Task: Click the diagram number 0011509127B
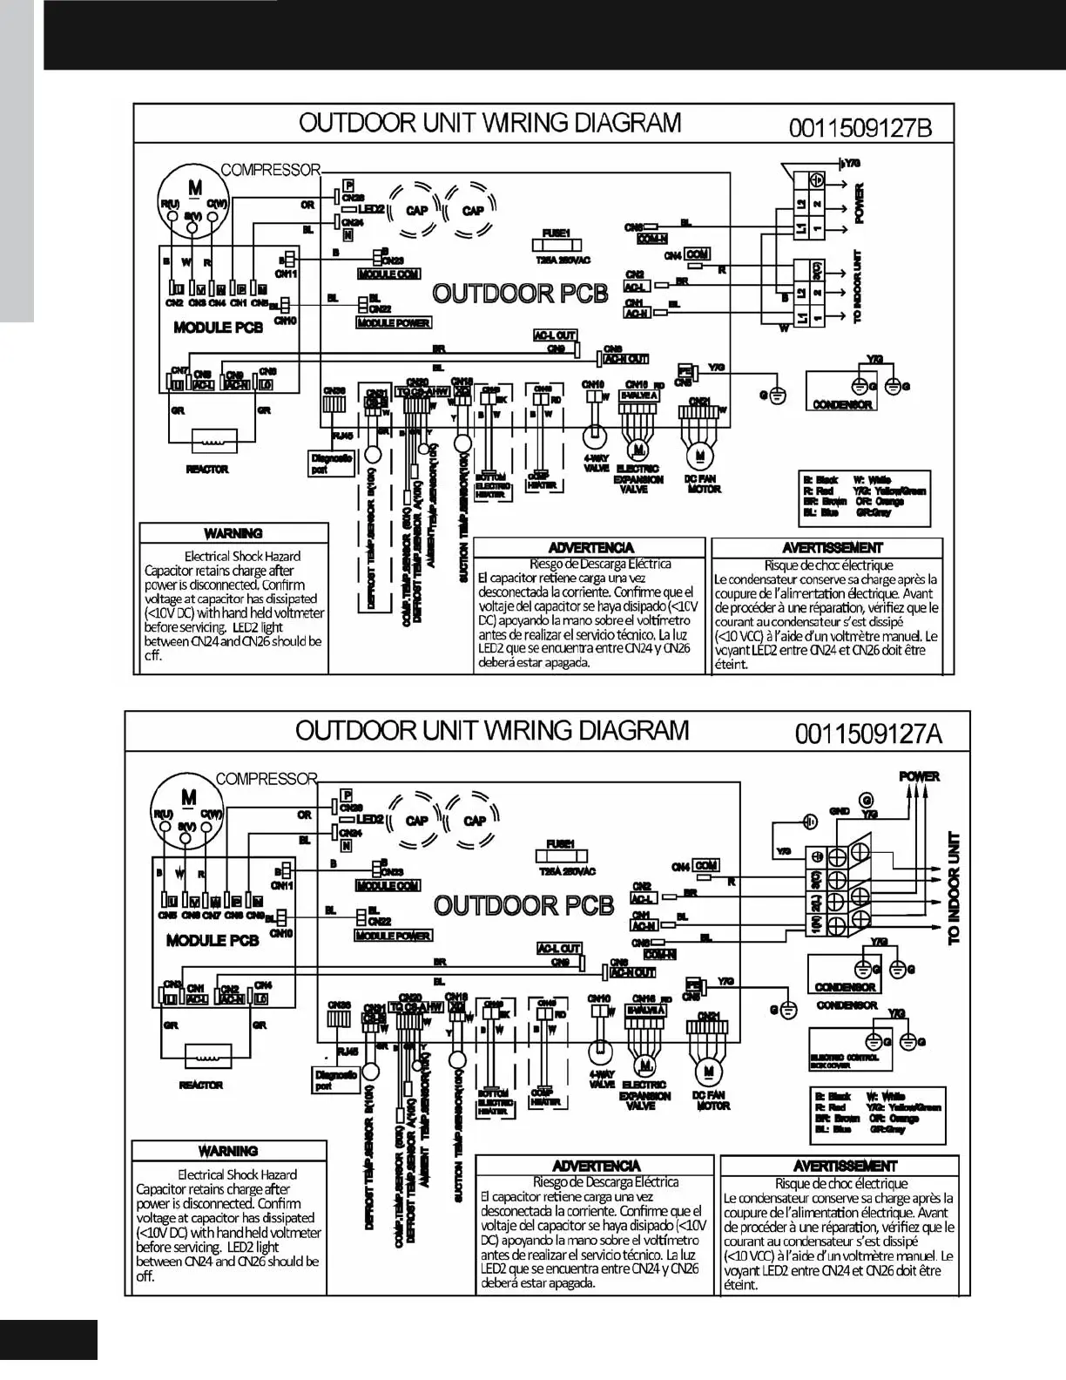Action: coord(860,128)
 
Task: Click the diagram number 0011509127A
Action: coord(867,734)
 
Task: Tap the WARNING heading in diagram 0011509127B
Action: coord(233,533)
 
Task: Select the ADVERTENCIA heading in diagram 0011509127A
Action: coord(597,1166)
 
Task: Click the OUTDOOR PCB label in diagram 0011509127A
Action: coord(523,905)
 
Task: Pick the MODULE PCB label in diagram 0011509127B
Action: coord(218,328)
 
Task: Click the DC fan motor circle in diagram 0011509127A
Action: coord(710,1070)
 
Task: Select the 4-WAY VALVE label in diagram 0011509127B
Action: coord(597,463)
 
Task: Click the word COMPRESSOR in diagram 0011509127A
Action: coord(266,779)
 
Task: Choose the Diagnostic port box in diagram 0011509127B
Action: coord(332,463)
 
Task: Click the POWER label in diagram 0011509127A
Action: coord(919,776)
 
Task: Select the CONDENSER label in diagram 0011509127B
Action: coord(842,405)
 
